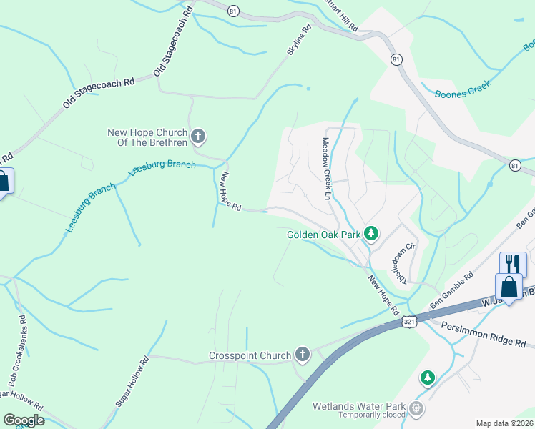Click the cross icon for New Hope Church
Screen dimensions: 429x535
tap(199, 134)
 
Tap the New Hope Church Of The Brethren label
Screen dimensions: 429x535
tap(147, 137)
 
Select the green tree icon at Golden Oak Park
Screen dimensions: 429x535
tap(370, 233)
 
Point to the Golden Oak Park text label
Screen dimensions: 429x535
tap(323, 234)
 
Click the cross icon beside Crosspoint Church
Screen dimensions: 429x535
tap(303, 355)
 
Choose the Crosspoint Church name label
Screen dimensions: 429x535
tap(250, 355)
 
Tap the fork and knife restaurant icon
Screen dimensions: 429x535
tap(513, 263)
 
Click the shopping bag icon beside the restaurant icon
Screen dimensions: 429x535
tap(509, 287)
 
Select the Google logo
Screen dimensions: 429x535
tap(23, 420)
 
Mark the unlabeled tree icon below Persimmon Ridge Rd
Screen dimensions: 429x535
tap(428, 377)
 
